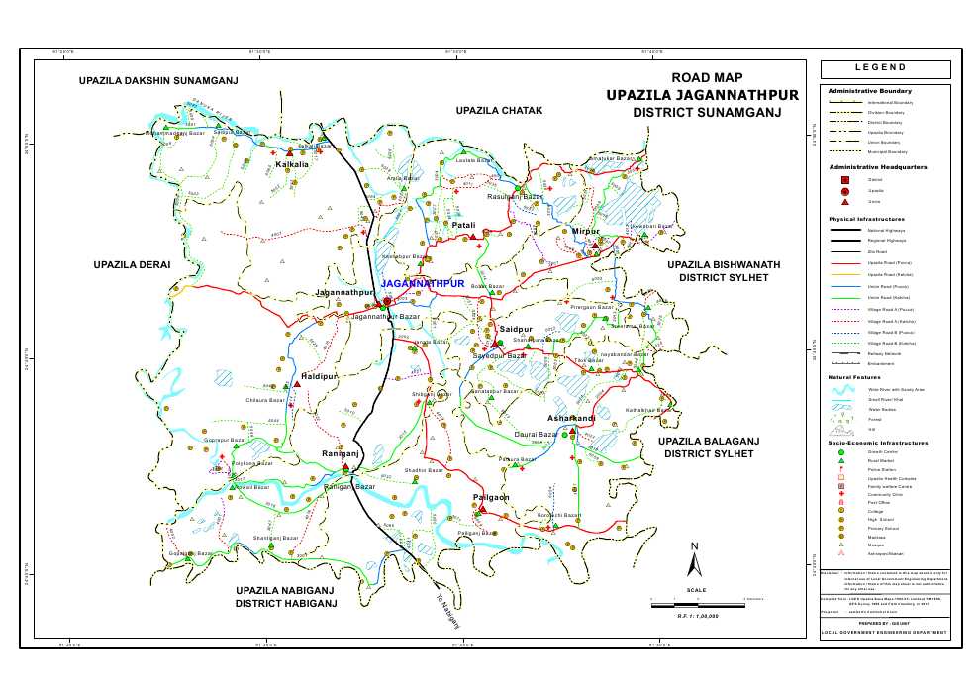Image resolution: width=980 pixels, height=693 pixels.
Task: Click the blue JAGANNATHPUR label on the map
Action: coord(422,284)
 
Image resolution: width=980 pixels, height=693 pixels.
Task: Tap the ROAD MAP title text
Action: coord(707,78)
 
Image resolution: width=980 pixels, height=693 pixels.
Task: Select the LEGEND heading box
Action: coord(884,68)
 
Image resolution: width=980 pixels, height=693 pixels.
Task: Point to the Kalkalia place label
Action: coord(292,164)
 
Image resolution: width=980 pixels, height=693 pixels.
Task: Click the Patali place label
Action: coord(464,226)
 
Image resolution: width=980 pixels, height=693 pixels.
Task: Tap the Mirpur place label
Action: coord(586,231)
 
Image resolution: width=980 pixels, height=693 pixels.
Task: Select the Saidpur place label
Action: coord(516,329)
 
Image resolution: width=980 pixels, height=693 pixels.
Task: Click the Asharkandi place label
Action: coord(571,419)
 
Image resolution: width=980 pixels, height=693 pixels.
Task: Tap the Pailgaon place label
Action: coord(491,497)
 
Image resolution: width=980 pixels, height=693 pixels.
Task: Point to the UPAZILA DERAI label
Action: coord(133,265)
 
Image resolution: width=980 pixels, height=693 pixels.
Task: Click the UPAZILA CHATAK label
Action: coord(500,110)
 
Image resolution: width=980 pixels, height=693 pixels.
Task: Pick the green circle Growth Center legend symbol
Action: coord(841,451)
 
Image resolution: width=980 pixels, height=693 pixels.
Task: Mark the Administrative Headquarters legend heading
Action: coord(877,167)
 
